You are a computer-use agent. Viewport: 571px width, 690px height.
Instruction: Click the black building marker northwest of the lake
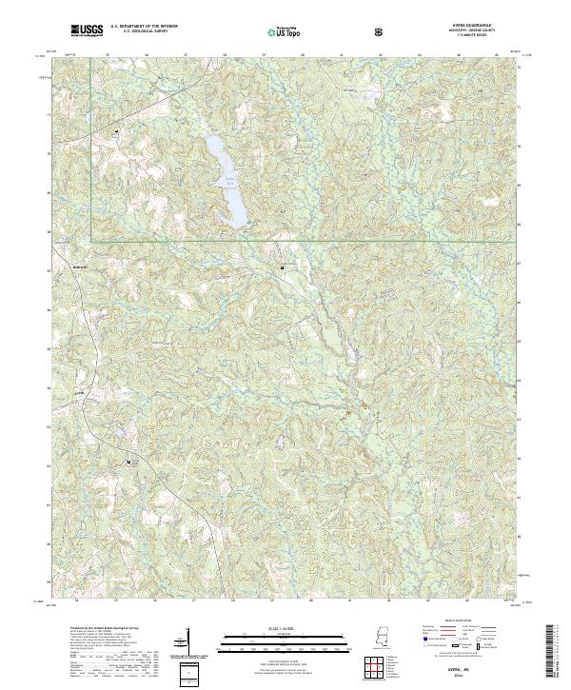(117, 130)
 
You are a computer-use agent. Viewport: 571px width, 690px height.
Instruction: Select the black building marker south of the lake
(283, 268)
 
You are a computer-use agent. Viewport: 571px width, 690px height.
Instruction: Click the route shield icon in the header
(379, 32)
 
